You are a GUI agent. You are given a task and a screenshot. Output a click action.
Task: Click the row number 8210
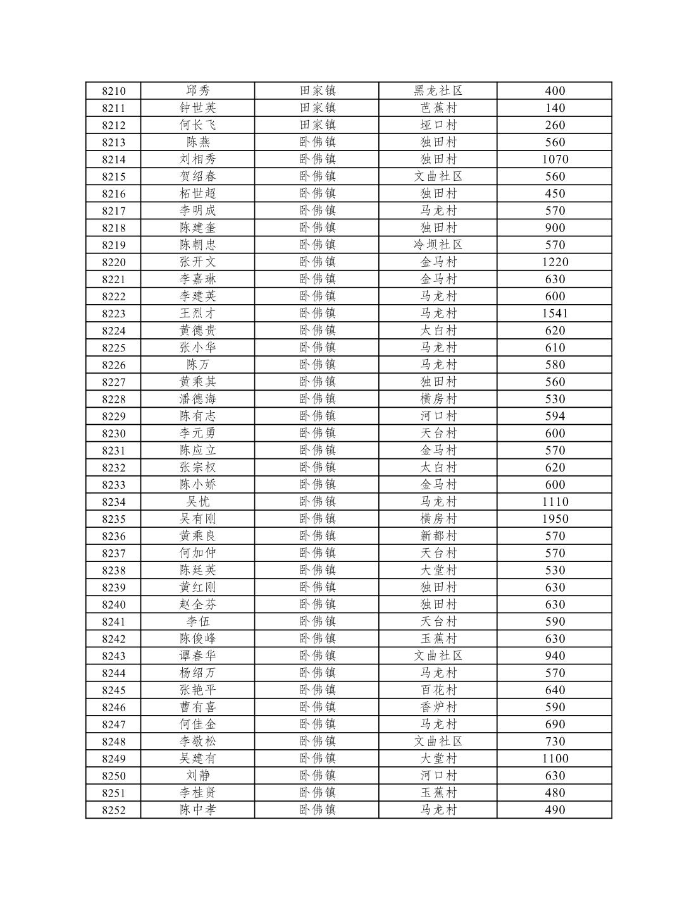114,91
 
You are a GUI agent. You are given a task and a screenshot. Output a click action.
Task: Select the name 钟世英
198,108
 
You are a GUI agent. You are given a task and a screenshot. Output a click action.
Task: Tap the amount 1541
555,314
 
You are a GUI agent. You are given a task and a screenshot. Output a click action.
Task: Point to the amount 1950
555,519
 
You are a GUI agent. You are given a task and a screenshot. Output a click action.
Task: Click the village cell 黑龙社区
438,91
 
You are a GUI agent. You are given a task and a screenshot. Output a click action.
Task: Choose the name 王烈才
198,314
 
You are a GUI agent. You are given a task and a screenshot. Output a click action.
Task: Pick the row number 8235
114,519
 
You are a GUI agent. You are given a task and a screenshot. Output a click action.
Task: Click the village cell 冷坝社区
438,245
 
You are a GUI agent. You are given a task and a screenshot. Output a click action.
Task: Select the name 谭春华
198,656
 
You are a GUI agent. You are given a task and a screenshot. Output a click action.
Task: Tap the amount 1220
555,262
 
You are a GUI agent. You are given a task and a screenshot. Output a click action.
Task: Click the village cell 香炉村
438,707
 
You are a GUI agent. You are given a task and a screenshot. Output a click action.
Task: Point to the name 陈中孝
198,810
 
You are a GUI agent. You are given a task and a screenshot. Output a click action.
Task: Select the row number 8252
114,810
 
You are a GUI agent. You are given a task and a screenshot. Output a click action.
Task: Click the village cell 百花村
438,690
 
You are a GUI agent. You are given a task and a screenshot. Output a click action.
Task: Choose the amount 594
555,416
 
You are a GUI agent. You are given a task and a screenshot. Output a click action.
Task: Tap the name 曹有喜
198,707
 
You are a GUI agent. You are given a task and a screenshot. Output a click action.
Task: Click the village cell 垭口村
438,125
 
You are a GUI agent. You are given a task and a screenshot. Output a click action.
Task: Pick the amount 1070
555,159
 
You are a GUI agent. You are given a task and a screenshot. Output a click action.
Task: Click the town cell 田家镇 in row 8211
318,108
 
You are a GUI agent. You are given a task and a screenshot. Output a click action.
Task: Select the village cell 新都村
438,536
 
